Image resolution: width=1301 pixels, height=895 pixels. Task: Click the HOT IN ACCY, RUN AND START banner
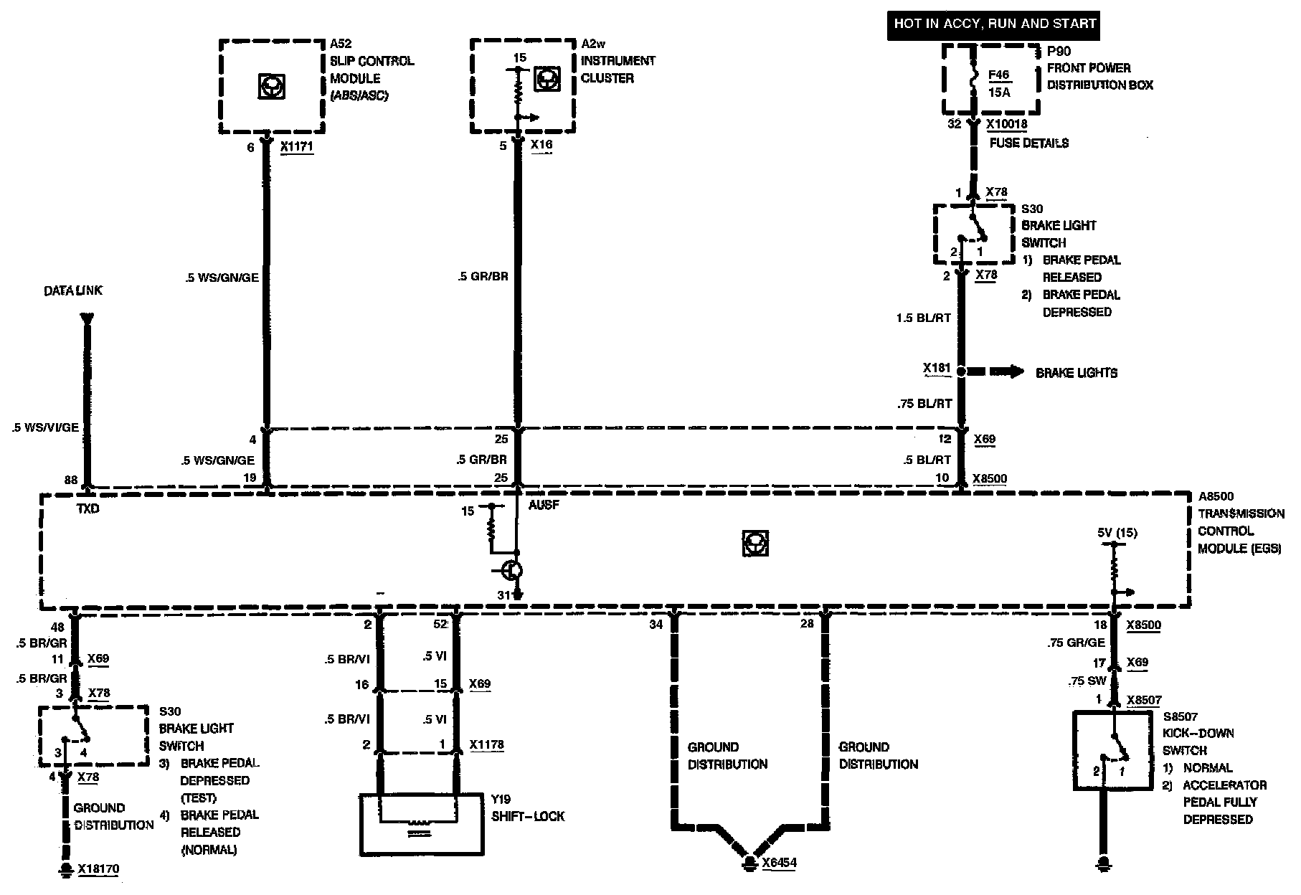(x=994, y=24)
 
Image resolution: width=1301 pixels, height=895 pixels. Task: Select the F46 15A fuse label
(x=998, y=82)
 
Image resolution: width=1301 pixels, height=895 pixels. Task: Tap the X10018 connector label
(x=1006, y=124)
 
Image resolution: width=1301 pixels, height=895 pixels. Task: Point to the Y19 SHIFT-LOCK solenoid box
(x=420, y=824)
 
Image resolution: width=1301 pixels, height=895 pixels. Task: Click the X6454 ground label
(x=779, y=863)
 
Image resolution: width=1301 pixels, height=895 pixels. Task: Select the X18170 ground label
(x=98, y=869)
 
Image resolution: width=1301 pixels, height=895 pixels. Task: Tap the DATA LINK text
(x=73, y=290)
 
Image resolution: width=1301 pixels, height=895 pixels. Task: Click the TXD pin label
(x=88, y=508)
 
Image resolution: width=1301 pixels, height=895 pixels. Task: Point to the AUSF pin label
(x=543, y=505)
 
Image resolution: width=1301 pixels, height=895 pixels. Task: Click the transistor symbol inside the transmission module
(x=511, y=571)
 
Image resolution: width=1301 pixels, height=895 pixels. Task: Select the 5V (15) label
(x=1117, y=533)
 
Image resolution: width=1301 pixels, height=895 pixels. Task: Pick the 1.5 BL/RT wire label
(x=923, y=318)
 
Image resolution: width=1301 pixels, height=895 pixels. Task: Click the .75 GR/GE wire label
(x=1076, y=643)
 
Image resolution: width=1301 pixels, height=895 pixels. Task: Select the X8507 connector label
(x=1144, y=700)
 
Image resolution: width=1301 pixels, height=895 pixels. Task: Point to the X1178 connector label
(x=486, y=744)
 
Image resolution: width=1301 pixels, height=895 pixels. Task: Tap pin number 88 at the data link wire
(x=70, y=480)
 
